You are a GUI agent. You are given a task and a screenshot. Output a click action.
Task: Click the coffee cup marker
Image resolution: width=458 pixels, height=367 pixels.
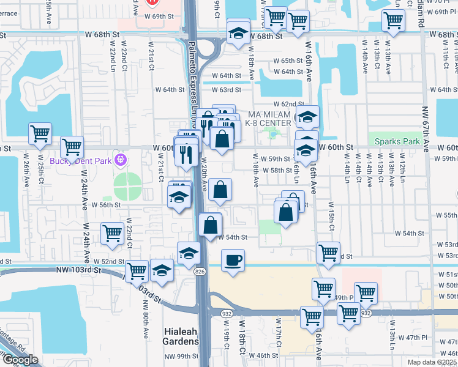[x=233, y=261]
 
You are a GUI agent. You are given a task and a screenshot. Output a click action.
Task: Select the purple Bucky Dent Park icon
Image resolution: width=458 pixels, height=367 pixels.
[x=121, y=160]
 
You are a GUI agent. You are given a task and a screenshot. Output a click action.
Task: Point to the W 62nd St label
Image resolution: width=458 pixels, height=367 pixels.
[x=289, y=105]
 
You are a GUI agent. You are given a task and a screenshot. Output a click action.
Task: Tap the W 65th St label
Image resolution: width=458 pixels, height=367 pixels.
[x=288, y=61]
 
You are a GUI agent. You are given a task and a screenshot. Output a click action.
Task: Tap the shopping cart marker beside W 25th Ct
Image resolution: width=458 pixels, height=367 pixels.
[x=40, y=133]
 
